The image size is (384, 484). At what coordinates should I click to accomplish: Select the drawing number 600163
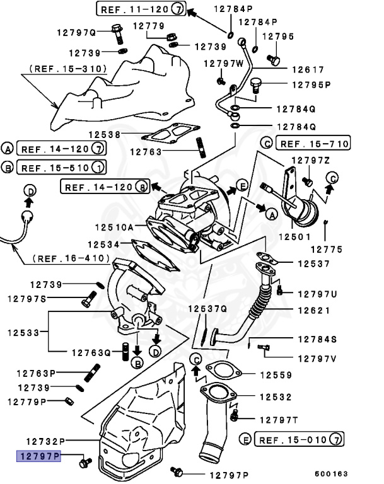click(332, 473)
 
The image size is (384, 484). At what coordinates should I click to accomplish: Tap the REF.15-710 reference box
click(313, 144)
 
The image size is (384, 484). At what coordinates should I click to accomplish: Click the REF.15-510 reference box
click(61, 168)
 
